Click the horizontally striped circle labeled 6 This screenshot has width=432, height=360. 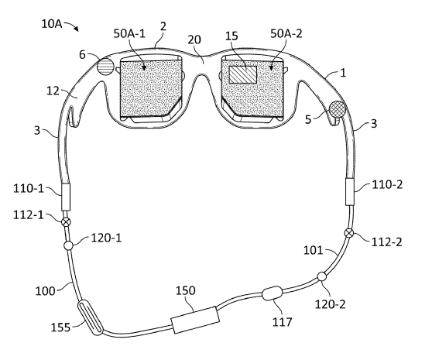coord(105,67)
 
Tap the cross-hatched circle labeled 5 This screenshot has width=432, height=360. coord(338,109)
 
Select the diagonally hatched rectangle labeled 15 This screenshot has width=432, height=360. coord(243,74)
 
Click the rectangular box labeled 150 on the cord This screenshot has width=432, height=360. coord(195,320)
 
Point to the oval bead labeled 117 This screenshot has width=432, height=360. coord(273,293)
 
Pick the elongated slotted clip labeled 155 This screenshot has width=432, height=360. coord(91,318)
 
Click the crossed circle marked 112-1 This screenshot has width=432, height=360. coord(66,222)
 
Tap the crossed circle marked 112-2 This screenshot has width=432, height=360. coord(349,233)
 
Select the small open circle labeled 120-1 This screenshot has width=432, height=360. coord(68,245)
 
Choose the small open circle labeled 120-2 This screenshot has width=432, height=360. coord(322,276)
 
